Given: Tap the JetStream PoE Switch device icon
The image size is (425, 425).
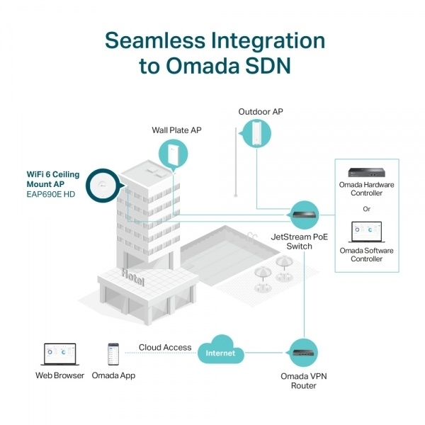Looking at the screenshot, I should point(303,212).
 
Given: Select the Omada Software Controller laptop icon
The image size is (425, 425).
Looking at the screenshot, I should point(367,232).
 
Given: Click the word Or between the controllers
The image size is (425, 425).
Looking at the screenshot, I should point(367,208).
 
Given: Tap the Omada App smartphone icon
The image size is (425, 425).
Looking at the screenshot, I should point(113,353).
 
